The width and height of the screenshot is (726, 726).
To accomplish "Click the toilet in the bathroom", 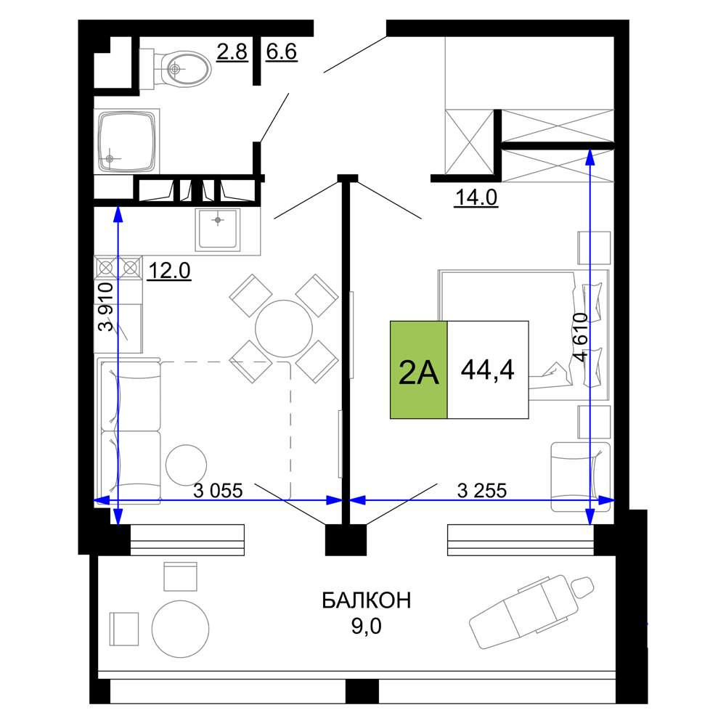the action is click(175, 69).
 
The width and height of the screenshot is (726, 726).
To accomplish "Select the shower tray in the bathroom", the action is click(127, 142).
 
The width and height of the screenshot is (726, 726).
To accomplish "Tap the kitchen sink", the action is click(218, 229).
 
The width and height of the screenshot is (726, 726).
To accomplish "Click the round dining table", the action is click(284, 328).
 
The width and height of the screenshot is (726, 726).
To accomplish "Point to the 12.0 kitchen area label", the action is click(169, 271).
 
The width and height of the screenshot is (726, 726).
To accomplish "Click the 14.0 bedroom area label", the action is click(476, 197).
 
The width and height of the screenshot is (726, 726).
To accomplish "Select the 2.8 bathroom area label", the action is click(232, 52).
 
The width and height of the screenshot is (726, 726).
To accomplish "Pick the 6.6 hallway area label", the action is click(282, 52).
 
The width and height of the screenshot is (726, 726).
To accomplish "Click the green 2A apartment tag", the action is click(419, 370).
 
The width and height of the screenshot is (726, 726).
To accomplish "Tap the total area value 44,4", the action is click(488, 370).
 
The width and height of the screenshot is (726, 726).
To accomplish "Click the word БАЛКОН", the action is click(366, 600).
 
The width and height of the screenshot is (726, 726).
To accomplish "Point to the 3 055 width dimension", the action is click(218, 491).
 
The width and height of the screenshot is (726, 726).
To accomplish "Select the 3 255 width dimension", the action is click(482, 491).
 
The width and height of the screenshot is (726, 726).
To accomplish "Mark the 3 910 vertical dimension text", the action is click(106, 306).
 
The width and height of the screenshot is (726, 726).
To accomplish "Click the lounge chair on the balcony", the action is click(531, 611).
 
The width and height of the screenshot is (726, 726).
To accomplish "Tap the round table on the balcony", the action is click(180, 629).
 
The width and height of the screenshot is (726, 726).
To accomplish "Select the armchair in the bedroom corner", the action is click(581, 477).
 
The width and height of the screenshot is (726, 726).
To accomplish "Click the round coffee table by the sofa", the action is click(186, 465).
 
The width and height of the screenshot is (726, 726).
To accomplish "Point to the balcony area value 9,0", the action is click(366, 627).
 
